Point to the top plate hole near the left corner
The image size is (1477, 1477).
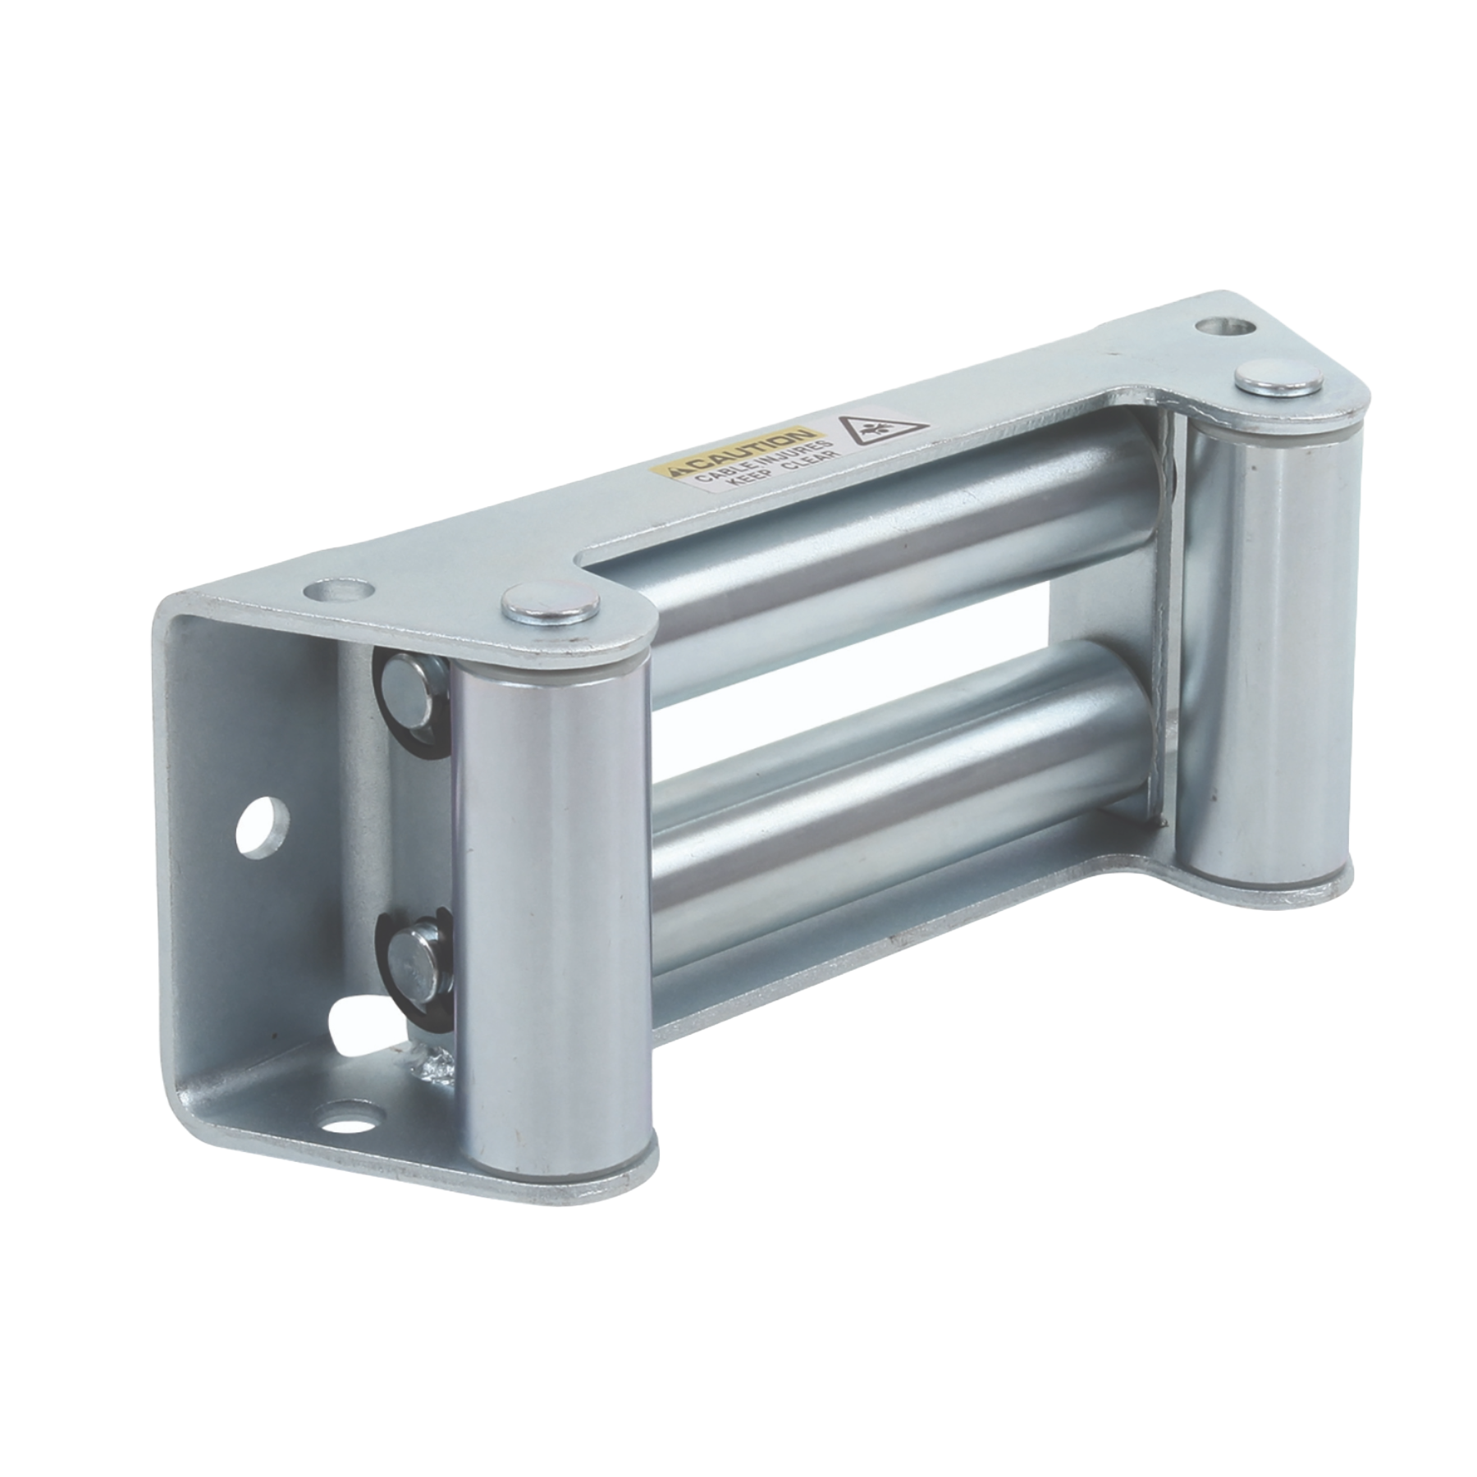[334, 589]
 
